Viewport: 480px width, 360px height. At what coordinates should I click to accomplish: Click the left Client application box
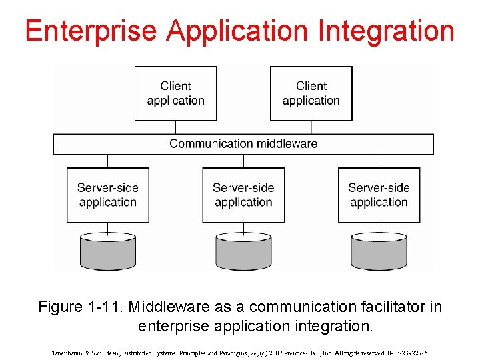tap(175, 93)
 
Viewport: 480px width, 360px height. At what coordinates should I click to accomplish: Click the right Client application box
tap(311, 93)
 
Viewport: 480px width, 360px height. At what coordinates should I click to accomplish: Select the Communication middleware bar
tap(243, 144)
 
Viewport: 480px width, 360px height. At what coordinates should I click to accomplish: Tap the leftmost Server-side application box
tap(107, 195)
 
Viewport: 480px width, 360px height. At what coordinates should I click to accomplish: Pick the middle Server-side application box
tap(243, 195)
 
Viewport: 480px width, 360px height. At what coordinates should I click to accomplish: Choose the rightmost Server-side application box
tap(379, 195)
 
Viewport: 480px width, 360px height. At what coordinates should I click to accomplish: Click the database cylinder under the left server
tap(108, 251)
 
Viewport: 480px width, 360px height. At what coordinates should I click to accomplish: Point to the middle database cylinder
tap(243, 251)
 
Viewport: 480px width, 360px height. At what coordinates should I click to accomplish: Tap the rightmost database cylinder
tap(379, 251)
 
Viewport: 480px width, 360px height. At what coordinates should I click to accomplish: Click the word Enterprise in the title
tap(91, 31)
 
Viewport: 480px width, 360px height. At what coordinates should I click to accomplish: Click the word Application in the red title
tap(238, 31)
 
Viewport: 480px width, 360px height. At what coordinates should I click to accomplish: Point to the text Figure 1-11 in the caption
tap(81, 307)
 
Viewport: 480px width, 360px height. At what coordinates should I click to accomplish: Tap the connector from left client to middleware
tap(175, 127)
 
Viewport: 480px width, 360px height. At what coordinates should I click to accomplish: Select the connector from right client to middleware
tap(311, 127)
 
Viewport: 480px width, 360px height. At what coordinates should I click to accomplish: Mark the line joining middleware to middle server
tap(243, 161)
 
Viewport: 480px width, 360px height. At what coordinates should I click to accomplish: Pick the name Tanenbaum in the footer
tap(67, 353)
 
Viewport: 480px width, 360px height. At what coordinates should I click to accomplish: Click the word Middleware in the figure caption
tap(170, 307)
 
